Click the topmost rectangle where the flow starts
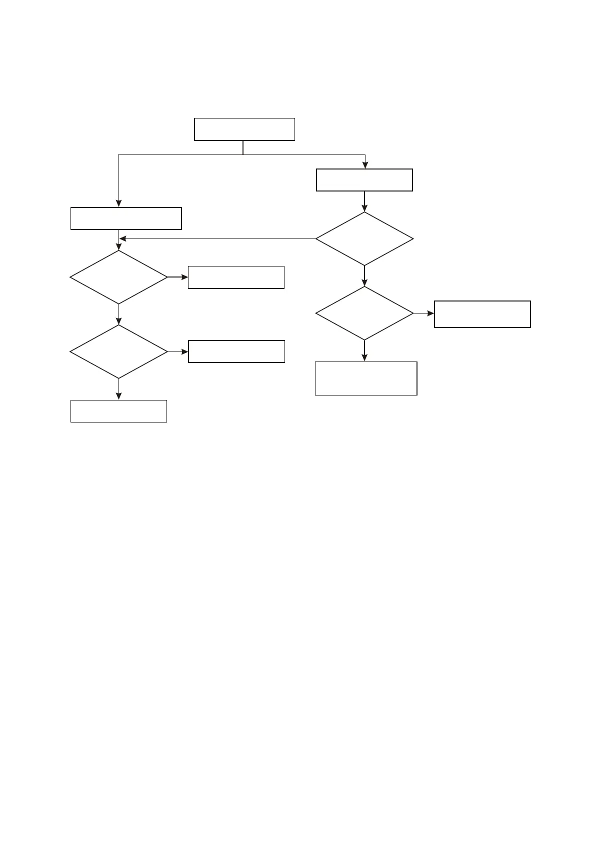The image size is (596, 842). point(244,129)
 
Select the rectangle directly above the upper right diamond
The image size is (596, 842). point(364,180)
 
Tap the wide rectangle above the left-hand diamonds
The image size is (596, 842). point(126,218)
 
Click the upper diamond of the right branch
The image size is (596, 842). point(364,239)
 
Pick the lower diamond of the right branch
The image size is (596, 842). point(364,313)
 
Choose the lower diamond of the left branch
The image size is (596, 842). point(118,351)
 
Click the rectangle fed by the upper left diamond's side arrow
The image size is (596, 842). point(236,277)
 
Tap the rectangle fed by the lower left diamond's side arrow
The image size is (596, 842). point(236,351)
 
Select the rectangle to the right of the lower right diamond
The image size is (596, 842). point(482,314)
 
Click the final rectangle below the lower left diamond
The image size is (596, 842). point(118,411)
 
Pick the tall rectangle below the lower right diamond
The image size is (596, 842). point(366,378)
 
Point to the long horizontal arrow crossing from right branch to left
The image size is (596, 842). point(217,238)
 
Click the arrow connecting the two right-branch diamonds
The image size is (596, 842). point(364,275)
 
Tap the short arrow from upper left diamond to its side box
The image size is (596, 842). point(178,276)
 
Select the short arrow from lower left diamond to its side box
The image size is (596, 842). point(178,351)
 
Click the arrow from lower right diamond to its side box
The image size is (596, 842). point(424,313)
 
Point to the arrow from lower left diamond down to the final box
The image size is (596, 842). point(118,389)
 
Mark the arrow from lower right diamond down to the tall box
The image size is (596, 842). point(364,350)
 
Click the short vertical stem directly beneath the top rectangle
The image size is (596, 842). point(243,147)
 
